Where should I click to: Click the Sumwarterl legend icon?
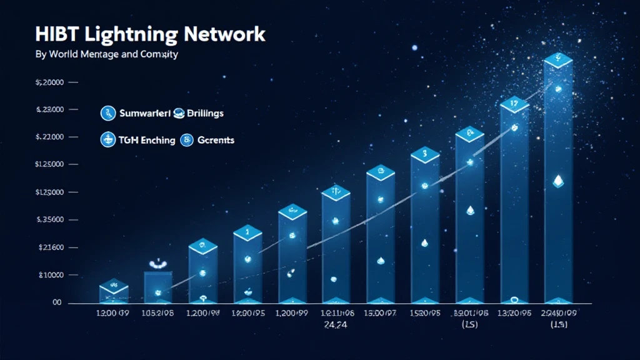[108, 113]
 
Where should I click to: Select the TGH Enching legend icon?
[108, 140]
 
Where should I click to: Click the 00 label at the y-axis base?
[57, 302]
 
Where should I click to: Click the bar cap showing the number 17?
[514, 104]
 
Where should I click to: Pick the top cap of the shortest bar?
[114, 286]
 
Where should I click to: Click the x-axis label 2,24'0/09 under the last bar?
[559, 314]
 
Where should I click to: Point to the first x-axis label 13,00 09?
[112, 314]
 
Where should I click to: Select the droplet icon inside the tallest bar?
[559, 181]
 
